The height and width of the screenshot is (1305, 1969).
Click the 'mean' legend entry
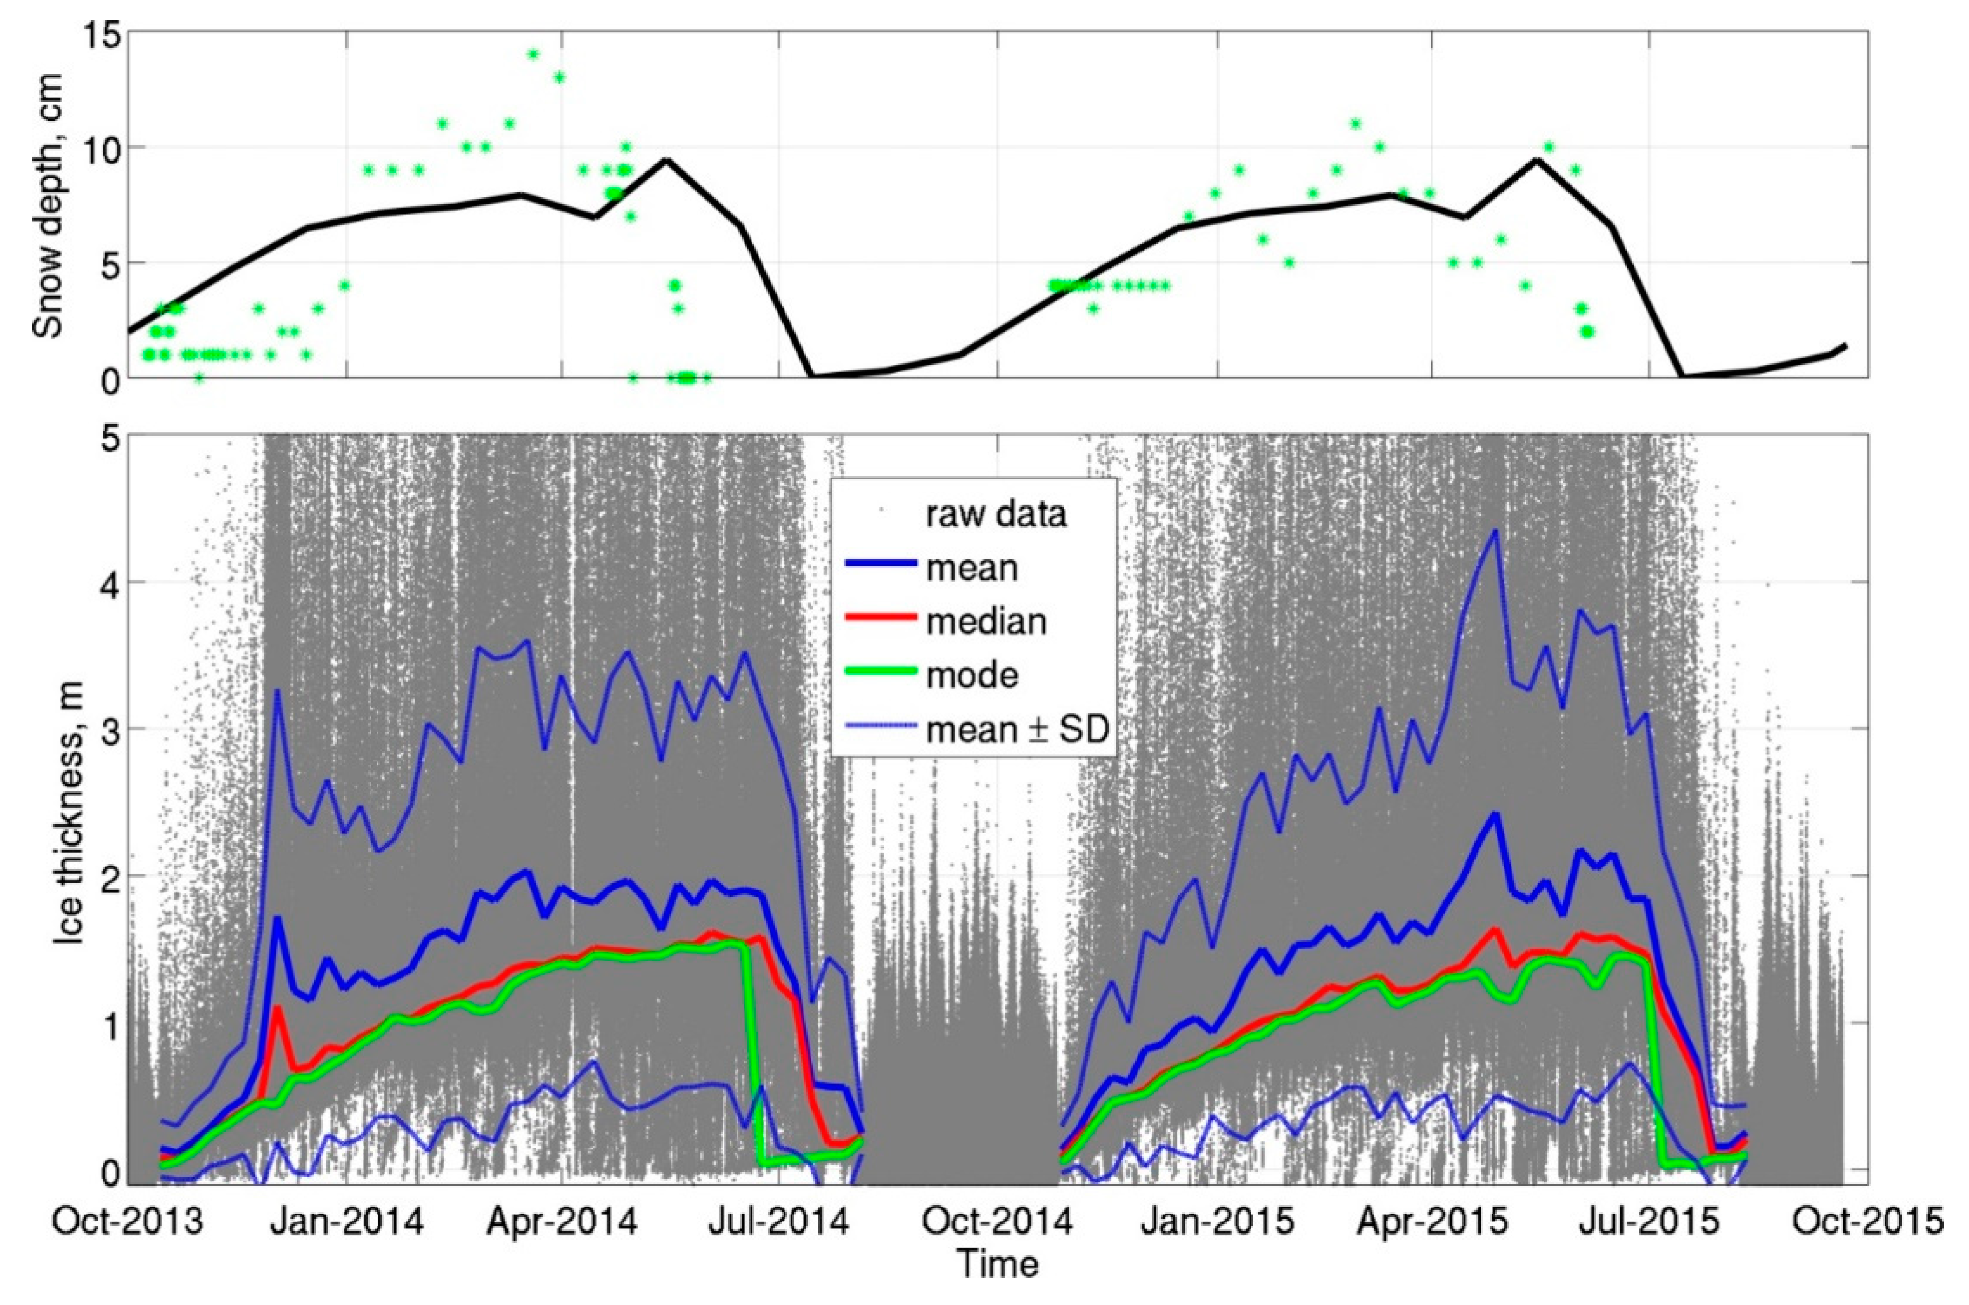coord(971,568)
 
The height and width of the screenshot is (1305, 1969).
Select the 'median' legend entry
coord(986,622)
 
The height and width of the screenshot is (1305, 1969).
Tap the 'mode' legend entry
coord(972,675)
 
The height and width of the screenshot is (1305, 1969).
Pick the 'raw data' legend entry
coord(996,515)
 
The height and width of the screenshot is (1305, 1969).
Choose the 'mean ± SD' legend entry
coord(1017,730)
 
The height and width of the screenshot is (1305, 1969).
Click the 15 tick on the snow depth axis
coord(98,33)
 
